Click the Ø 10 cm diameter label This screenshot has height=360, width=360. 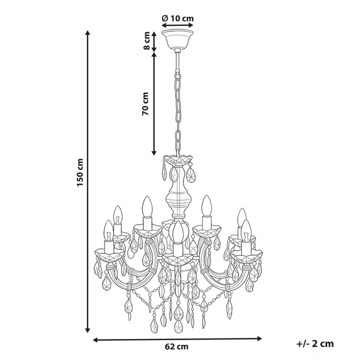click(x=178, y=18)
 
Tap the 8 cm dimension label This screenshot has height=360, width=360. click(x=146, y=41)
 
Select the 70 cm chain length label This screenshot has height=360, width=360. click(x=145, y=104)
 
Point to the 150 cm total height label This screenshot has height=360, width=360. click(x=80, y=172)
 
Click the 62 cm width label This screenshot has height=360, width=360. click(x=176, y=346)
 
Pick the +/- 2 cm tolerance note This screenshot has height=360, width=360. click(x=315, y=344)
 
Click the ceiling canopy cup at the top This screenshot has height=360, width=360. click(x=178, y=39)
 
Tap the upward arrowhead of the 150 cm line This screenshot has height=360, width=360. click(x=87, y=32)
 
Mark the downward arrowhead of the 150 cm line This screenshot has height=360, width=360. click(x=87, y=330)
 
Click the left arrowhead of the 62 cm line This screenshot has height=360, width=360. click(x=95, y=340)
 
